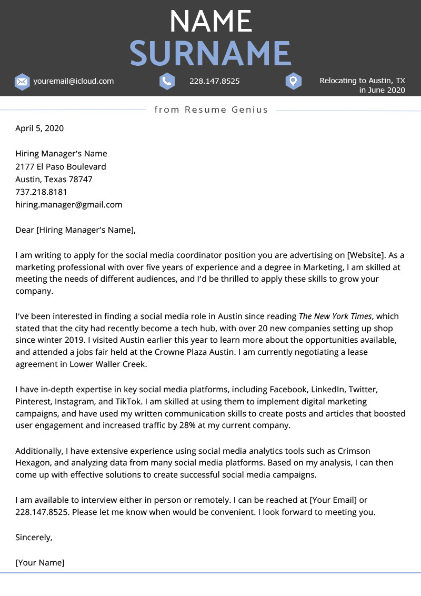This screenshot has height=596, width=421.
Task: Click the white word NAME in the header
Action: tap(210, 22)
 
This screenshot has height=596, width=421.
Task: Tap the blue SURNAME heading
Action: tap(210, 53)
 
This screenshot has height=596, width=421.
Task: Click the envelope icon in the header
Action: tap(22, 82)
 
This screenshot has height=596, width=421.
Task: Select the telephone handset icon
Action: tap(167, 81)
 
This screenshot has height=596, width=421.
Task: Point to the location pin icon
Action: tap(293, 81)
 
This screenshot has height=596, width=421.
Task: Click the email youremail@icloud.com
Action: tap(73, 81)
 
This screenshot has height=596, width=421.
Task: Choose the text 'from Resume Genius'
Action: tap(211, 110)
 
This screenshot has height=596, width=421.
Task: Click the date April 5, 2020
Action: tap(39, 128)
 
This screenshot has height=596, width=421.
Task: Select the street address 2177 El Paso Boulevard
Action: tap(61, 166)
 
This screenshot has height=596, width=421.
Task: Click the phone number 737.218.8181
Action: tap(41, 192)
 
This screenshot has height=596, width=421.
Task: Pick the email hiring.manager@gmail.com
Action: tap(68, 204)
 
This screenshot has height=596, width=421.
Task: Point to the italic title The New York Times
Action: tap(335, 316)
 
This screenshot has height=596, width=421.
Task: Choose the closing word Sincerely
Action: tap(33, 538)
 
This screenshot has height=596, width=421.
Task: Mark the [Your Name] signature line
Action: tap(39, 562)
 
